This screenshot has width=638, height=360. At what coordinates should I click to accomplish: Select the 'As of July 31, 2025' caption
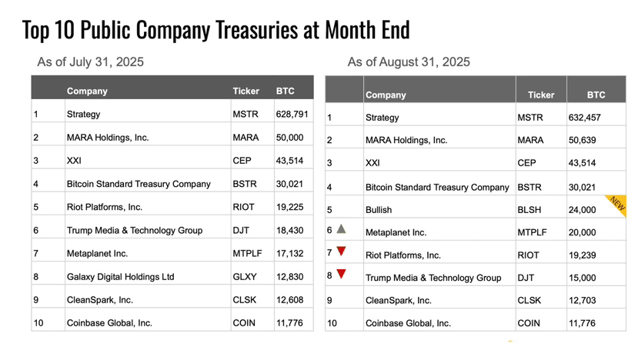[x=90, y=62]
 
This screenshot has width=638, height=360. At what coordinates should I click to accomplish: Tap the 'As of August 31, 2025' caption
[x=409, y=62]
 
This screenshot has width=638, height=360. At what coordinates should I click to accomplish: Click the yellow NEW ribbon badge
[x=616, y=202]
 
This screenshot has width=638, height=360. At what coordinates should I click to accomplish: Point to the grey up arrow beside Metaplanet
[x=342, y=228]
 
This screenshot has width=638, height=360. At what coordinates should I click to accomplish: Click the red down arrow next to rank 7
[x=342, y=252]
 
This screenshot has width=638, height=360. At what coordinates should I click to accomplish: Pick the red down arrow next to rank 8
[x=342, y=274]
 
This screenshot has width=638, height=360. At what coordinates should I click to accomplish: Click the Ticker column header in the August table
[x=540, y=95]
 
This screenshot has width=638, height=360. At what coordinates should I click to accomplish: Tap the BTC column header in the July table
[x=285, y=91]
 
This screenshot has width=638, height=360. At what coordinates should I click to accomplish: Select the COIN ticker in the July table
[x=243, y=323]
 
